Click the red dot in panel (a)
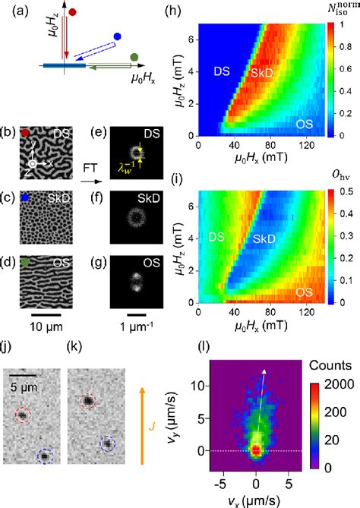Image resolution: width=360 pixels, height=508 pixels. (x=73, y=12)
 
